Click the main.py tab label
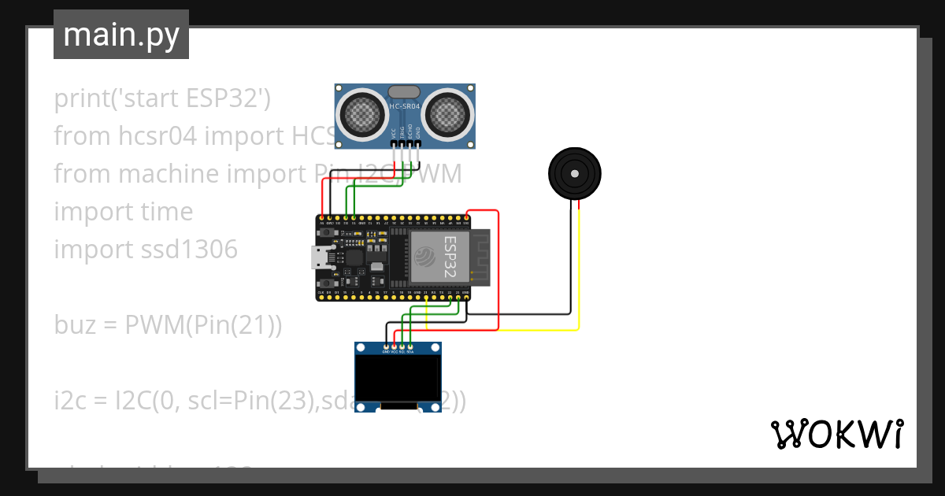point(120,35)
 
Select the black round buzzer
point(574,172)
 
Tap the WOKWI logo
point(836,434)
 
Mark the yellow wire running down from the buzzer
point(580,268)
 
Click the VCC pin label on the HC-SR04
point(393,133)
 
